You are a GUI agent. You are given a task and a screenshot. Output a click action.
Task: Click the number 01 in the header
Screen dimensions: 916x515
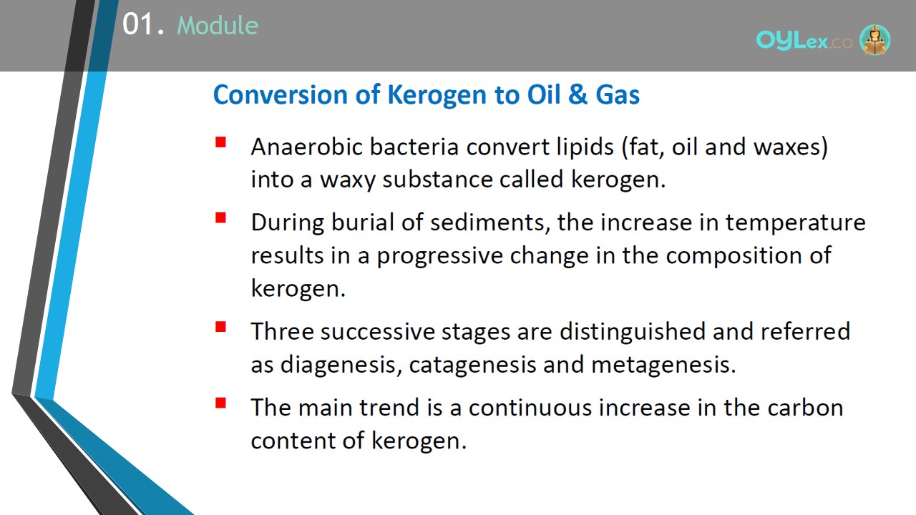[139, 24]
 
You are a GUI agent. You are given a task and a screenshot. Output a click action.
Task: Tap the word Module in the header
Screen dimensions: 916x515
[218, 25]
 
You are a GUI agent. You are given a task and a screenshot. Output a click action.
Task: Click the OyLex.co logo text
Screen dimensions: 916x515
[804, 41]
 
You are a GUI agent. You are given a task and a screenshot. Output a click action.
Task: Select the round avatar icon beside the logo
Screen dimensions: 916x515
[874, 39]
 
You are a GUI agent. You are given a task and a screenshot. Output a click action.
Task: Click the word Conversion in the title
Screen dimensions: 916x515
[281, 95]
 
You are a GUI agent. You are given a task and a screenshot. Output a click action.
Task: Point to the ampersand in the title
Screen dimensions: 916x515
[578, 95]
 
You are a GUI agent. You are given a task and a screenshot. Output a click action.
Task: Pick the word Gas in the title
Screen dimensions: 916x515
[618, 95]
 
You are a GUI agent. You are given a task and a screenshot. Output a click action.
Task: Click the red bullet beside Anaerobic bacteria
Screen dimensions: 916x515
[221, 142]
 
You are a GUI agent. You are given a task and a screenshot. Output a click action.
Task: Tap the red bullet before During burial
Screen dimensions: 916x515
[221, 218]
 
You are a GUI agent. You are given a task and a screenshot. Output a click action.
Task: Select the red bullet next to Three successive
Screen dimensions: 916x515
[221, 327]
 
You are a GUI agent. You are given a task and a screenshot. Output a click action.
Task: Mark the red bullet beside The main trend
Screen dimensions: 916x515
[221, 403]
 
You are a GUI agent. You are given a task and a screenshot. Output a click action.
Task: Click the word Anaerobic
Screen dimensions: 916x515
[307, 147]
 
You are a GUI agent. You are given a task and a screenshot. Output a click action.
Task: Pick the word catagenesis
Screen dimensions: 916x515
[473, 365]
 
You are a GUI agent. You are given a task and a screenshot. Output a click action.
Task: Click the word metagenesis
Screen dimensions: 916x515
[663, 365]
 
